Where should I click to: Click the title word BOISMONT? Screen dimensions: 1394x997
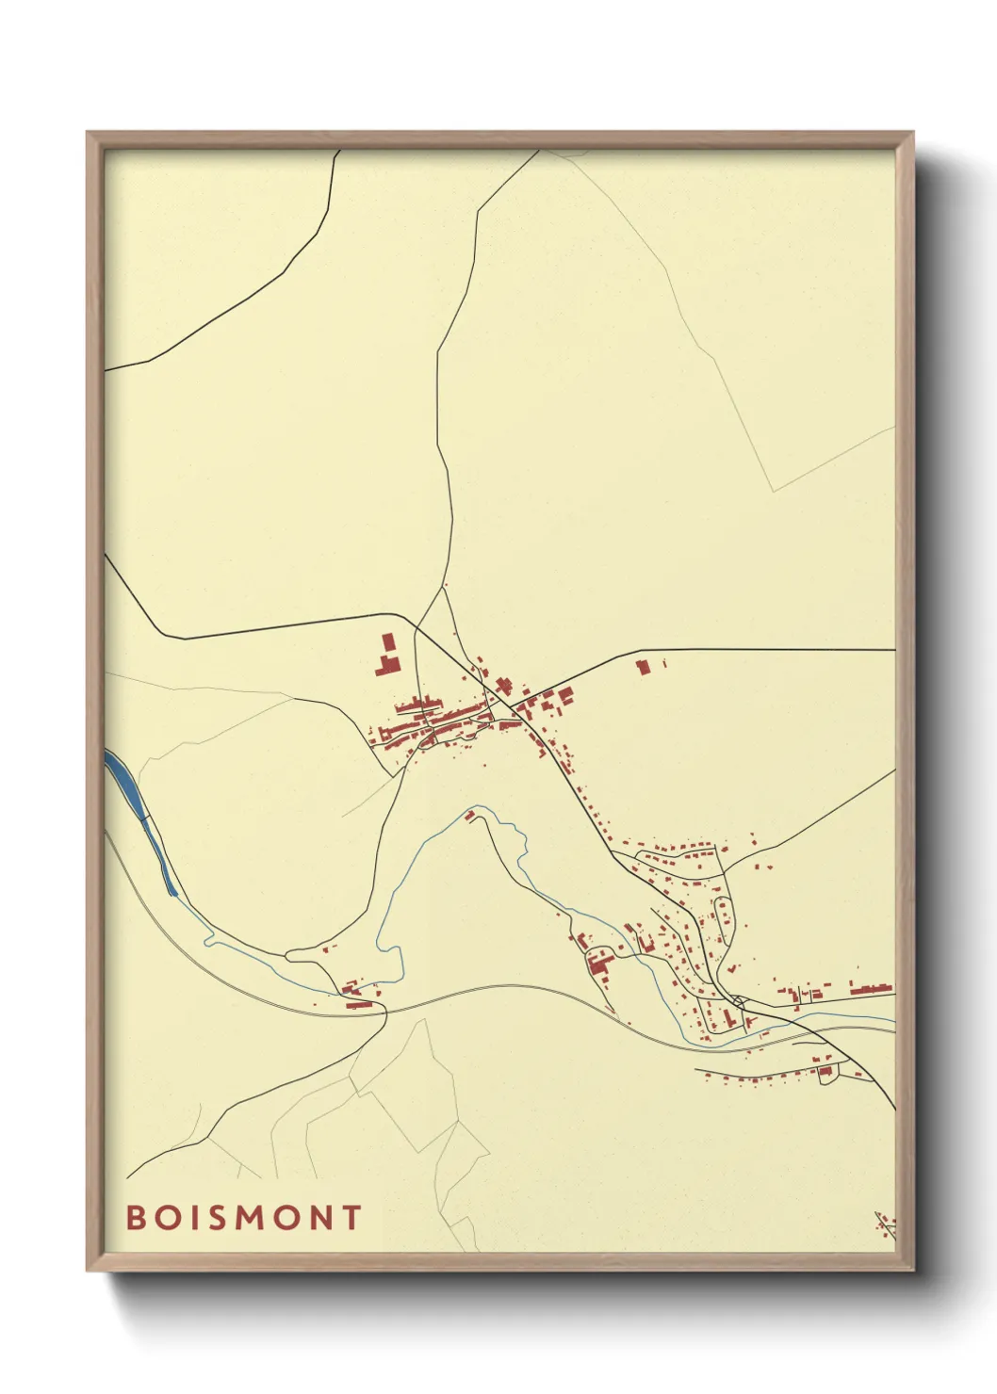243,1217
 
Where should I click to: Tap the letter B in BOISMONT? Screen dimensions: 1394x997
135,1217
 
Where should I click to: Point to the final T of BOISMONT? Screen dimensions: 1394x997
351,1217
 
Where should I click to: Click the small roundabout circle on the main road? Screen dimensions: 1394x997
741,1000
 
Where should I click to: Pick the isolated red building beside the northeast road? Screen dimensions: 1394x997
644,668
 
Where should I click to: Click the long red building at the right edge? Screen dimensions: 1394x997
871,989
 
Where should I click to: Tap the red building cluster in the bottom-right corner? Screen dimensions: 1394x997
885,1224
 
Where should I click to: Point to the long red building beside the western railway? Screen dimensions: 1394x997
357,1005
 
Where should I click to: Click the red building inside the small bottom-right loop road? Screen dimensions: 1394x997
826,1070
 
